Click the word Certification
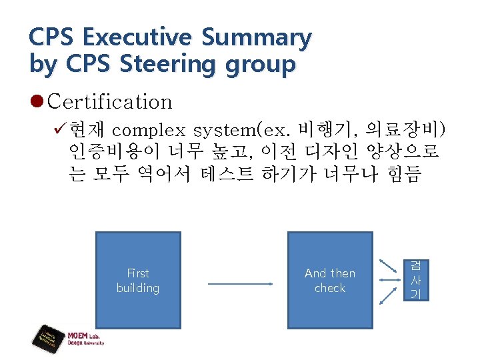pyautogui.click(x=110, y=102)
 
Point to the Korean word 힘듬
pyautogui.click(x=403, y=175)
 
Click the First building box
pyautogui.click(x=138, y=281)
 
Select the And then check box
pyautogui.click(x=329, y=281)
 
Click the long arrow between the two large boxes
pyautogui.click(x=241, y=285)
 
